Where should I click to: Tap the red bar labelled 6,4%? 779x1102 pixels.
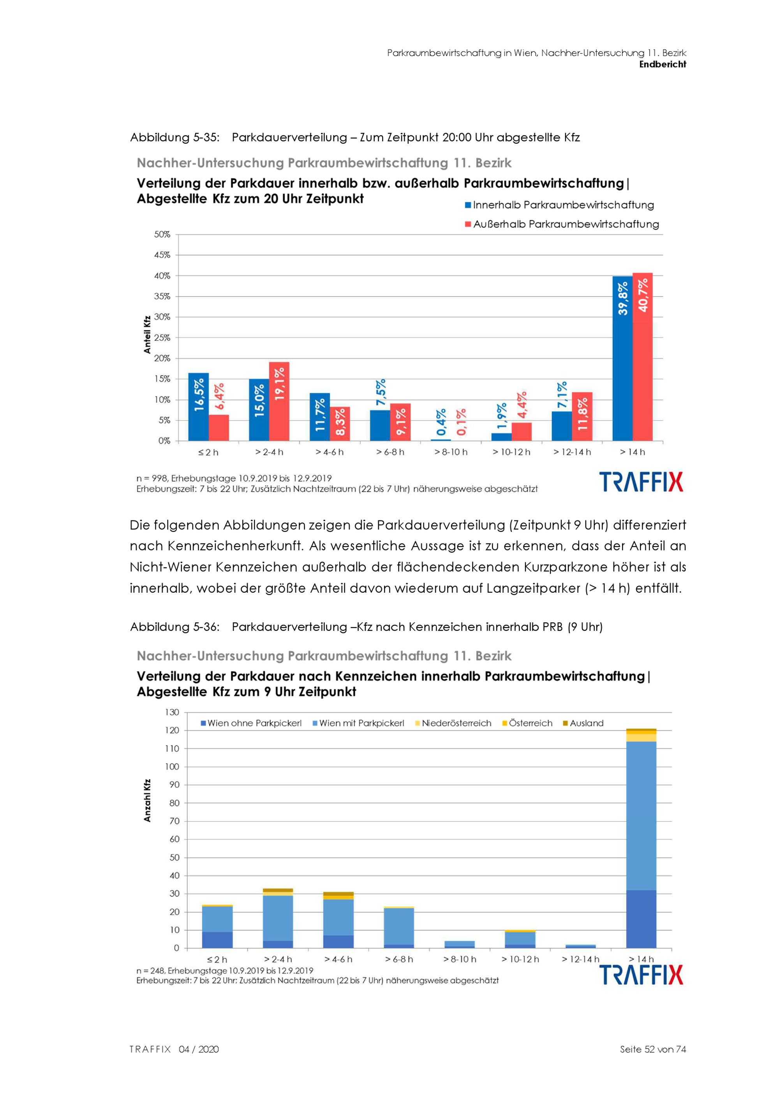point(219,428)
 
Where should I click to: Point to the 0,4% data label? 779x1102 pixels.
point(441,422)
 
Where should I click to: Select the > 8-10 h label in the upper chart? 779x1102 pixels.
point(451,452)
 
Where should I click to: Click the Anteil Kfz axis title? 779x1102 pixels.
point(147,334)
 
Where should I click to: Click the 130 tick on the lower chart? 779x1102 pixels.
point(172,712)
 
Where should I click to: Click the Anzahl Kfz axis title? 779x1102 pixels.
point(147,800)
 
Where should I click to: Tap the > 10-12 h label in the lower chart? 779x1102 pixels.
point(520,959)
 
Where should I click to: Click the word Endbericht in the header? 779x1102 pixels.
point(663,64)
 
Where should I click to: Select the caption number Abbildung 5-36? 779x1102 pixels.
point(175,627)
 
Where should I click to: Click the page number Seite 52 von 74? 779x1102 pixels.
point(653,1049)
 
